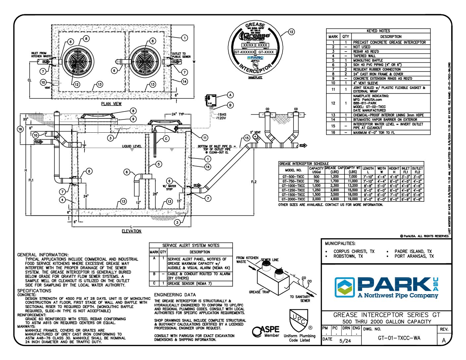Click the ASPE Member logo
[266, 331]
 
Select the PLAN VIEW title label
[111, 104]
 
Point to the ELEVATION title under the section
[131, 231]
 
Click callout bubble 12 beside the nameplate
[291, 32]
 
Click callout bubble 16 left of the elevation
[20, 129]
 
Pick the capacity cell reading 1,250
[316, 190]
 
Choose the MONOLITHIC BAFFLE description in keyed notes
[368, 61]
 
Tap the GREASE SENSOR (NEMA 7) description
[189, 284]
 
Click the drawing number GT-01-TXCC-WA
[399, 338]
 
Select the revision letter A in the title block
[443, 340]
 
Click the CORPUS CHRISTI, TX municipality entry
[353, 251]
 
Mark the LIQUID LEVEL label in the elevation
[131, 146]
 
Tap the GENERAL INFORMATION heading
[43, 255]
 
